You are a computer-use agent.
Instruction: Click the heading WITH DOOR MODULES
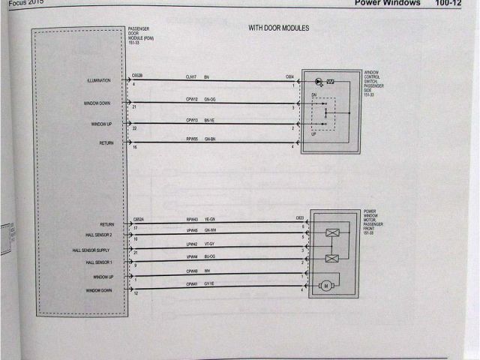tap(278, 28)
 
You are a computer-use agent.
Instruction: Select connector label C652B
tap(137, 76)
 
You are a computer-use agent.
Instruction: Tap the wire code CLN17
tap(191, 76)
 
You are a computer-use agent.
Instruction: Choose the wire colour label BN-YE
tap(210, 119)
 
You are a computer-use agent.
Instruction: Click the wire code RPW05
tap(192, 139)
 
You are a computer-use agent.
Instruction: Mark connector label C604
tap(289, 76)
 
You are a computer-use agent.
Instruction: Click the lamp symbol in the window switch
tap(319, 80)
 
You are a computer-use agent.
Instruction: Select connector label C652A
tap(138, 220)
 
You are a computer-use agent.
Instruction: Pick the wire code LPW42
tap(192, 244)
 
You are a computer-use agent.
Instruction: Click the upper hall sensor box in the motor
tap(331, 233)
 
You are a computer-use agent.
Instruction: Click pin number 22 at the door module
tap(134, 128)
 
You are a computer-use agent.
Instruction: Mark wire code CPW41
tap(192, 284)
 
